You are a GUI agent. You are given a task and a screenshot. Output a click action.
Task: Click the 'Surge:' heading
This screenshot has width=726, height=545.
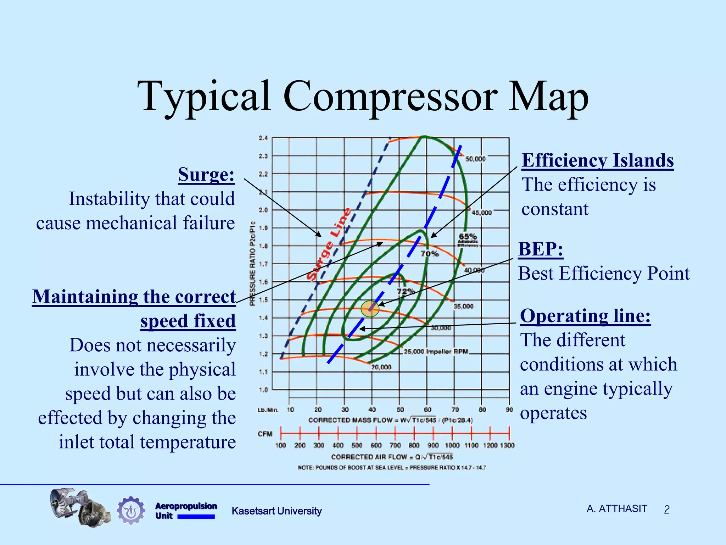point(206,175)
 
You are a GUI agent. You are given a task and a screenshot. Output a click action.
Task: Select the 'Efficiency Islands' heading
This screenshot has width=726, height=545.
point(598,160)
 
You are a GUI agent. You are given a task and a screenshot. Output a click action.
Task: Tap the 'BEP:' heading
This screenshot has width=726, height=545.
point(541,249)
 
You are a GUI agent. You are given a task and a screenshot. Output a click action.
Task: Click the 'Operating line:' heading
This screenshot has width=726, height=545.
point(585,316)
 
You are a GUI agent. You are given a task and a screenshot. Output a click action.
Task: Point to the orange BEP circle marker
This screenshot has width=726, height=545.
point(370,309)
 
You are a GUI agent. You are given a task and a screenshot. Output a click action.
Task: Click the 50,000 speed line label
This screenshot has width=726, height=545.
point(475,159)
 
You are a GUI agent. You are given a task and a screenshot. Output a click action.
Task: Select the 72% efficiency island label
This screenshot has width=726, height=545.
point(406,291)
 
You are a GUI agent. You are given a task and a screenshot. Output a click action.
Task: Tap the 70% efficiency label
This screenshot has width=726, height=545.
point(429,254)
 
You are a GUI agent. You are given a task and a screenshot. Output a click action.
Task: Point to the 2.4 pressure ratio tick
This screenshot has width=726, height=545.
point(263,138)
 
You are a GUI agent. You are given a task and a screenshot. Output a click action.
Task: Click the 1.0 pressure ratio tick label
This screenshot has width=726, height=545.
point(263,390)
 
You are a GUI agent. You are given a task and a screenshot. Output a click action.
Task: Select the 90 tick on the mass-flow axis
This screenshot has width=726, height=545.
point(509,409)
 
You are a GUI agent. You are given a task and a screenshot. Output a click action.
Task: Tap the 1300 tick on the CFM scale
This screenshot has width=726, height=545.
point(507,445)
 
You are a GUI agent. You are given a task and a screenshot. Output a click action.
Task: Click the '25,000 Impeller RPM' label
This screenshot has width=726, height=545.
point(436,352)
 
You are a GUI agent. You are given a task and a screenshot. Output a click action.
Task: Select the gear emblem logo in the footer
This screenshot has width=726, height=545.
point(131,510)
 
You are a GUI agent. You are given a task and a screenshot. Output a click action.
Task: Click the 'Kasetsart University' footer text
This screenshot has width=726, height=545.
point(277,511)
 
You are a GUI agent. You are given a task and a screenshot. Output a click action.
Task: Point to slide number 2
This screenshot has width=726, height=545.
point(666,510)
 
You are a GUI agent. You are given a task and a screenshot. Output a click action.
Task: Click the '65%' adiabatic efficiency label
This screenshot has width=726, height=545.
point(468,236)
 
